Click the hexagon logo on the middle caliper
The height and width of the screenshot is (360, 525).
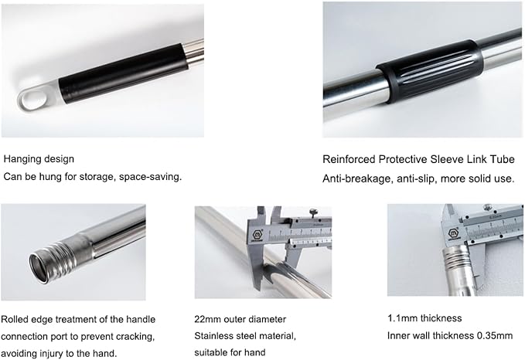click(x=257, y=233)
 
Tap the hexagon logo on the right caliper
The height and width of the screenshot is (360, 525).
click(x=454, y=233)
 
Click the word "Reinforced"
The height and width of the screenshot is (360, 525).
click(x=349, y=159)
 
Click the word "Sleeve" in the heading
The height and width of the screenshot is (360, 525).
click(x=447, y=159)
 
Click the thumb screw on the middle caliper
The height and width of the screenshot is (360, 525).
click(x=313, y=212)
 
